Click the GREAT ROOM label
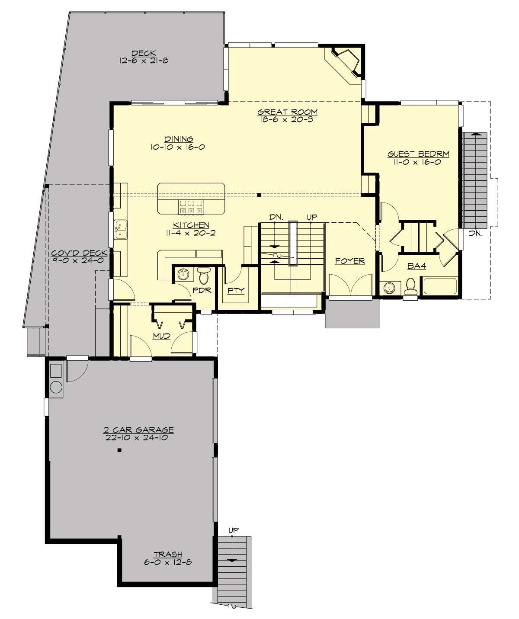tap(288, 112)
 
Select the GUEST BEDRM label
tap(418, 154)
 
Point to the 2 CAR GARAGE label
tap(138, 430)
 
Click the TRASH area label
tap(168, 555)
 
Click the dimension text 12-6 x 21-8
tap(144, 61)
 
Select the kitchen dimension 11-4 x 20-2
tap(191, 233)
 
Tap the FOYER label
tap(350, 261)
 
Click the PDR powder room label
tap(202, 290)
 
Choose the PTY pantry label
tap(236, 290)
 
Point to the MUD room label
tap(161, 336)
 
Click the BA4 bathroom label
tap(416, 266)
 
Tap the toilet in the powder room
tap(203, 276)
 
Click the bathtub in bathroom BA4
tap(439, 286)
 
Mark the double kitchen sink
tap(121, 230)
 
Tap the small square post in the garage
tap(119, 451)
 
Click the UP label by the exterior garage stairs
tap(233, 530)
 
